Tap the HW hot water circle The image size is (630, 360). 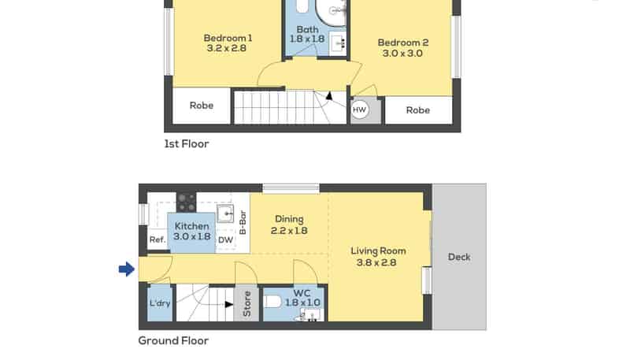point(360,110)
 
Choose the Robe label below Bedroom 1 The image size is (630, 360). point(202,106)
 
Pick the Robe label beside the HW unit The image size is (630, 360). point(417,110)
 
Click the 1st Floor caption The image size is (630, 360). point(186,144)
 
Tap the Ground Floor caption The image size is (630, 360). point(173,341)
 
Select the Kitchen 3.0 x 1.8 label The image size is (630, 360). point(192,232)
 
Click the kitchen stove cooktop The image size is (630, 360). point(186,202)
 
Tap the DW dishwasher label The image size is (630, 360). point(225,240)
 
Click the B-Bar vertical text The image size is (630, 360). point(243,222)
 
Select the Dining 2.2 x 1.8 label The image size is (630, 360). point(289,225)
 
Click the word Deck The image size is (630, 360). point(459,257)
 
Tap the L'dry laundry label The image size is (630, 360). point(160,304)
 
